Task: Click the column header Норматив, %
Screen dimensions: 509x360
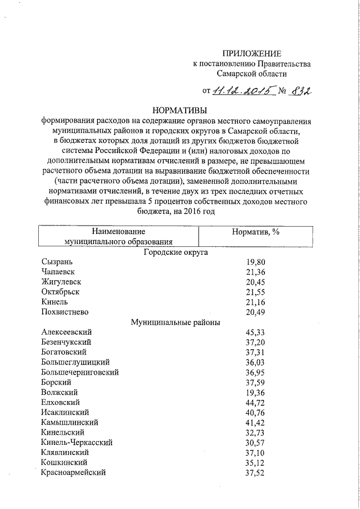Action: [256, 232]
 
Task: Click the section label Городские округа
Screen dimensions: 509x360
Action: [175, 252]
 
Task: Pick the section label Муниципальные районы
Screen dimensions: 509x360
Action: [175, 322]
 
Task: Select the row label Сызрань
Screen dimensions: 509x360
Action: [57, 262]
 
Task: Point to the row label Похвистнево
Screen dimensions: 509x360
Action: [65, 312]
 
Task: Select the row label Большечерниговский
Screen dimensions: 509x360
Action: [80, 372]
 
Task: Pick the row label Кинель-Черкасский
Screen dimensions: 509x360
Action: [77, 443]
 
